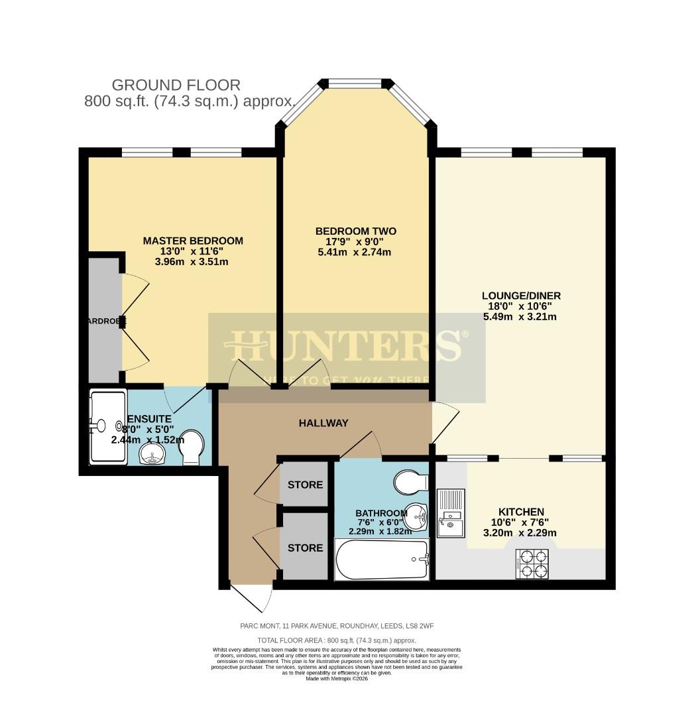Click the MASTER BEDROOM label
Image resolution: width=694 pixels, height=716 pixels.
coord(193,241)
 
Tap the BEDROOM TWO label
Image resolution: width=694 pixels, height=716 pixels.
coord(355,231)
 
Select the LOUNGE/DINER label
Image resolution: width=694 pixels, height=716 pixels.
coord(520,296)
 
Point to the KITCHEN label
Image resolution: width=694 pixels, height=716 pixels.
coord(521,512)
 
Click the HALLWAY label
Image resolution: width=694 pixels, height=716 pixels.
coord(323,423)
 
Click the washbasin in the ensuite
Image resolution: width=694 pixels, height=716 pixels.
coord(154,454)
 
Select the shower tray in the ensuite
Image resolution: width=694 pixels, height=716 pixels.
coord(107,426)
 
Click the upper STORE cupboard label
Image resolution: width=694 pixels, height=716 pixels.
coord(305,485)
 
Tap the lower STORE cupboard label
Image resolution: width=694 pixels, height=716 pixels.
coord(305,548)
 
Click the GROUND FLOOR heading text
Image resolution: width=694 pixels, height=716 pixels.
coord(176,85)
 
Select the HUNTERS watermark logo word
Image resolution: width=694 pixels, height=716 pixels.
coord(344,345)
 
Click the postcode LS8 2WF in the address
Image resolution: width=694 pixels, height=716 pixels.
coord(419,626)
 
